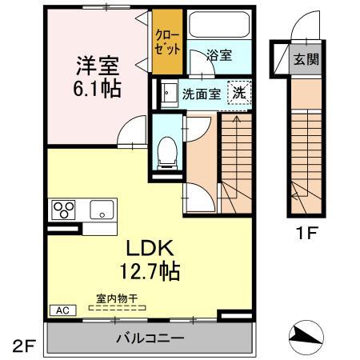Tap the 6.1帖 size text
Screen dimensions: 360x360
(99, 88)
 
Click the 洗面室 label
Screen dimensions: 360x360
(201, 93)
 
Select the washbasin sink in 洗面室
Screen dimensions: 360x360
(169, 94)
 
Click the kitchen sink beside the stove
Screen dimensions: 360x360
(102, 210)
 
